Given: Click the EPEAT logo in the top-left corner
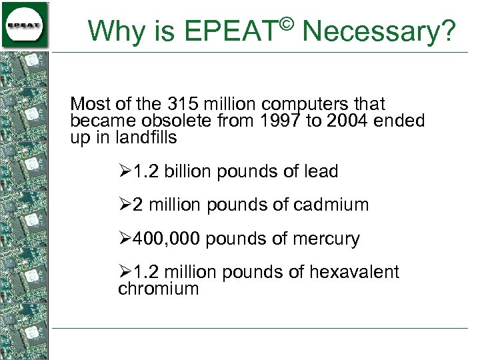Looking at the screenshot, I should coord(25,25).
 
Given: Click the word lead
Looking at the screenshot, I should coord(321,171).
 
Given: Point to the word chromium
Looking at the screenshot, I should coord(159,289).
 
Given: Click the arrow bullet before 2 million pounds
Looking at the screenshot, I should coord(125,205).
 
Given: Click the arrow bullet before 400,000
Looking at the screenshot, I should coord(125,239).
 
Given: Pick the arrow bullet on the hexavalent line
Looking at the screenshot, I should coord(125,272).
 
